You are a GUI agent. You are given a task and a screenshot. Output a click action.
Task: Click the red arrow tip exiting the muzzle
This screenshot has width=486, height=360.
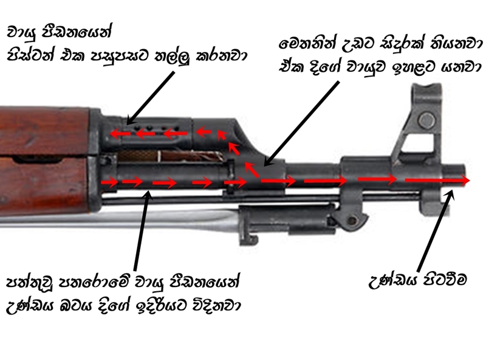(x=467, y=181)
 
